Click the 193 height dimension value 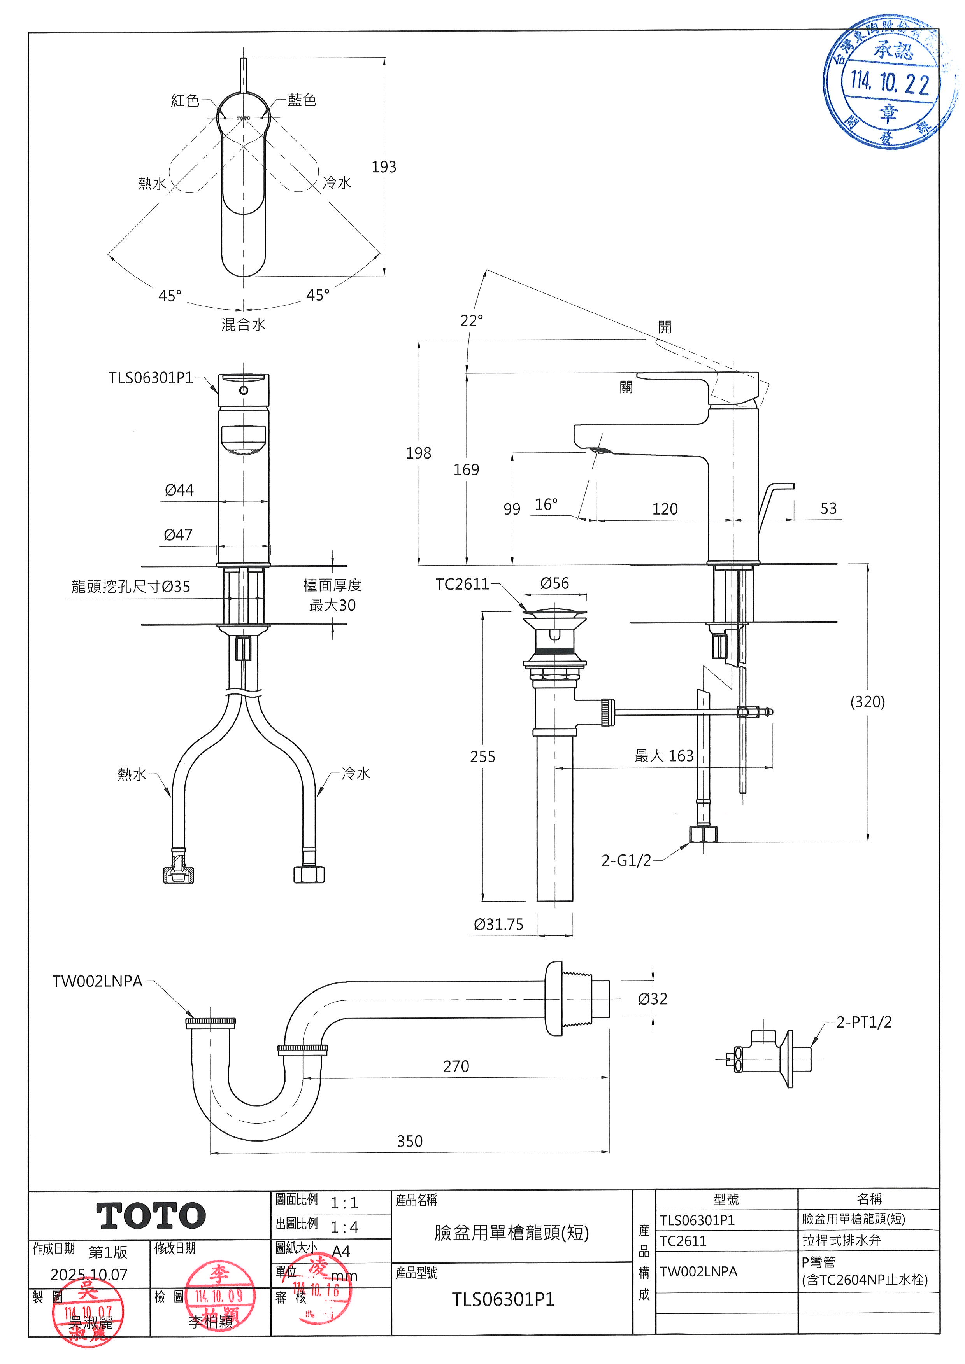click(x=384, y=167)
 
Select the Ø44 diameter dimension click(x=179, y=490)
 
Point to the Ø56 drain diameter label click(x=554, y=583)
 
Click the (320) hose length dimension click(x=868, y=702)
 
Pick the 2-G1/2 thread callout click(x=626, y=860)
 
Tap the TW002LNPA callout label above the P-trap click(x=97, y=981)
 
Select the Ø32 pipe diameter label click(x=653, y=999)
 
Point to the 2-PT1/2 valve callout click(x=863, y=1022)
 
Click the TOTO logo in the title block click(x=151, y=1215)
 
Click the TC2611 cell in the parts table click(x=683, y=1241)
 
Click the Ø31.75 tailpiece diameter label click(x=498, y=925)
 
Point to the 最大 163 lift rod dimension click(x=664, y=756)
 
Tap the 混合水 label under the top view click(x=244, y=324)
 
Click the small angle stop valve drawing click(x=767, y=1059)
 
